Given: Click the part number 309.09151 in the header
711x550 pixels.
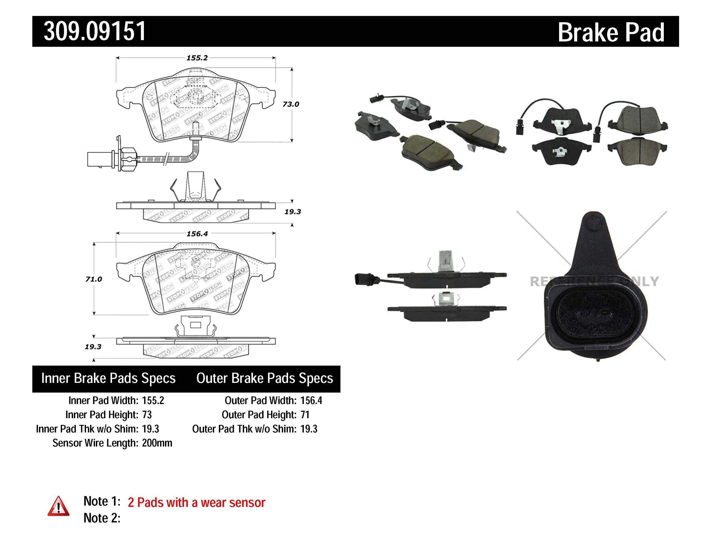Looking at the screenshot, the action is (95, 32).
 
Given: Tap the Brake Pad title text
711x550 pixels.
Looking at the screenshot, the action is (611, 33).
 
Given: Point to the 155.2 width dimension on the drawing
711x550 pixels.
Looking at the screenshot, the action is (197, 58).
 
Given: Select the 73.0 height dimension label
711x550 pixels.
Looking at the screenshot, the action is (291, 104).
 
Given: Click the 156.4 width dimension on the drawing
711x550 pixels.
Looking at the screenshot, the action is (197, 234).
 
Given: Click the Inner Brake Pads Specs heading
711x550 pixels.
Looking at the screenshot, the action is (108, 378).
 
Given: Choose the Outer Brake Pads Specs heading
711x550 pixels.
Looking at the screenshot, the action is (264, 378).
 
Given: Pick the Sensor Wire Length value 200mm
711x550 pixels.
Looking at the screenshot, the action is (157, 443).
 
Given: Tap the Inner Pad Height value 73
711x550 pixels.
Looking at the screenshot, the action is (147, 415).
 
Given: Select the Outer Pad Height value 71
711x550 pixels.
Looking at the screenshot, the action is (305, 415).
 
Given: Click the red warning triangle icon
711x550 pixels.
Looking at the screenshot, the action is (58, 507).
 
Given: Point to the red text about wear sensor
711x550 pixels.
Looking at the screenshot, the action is (196, 503).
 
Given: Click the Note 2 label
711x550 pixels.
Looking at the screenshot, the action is (102, 518).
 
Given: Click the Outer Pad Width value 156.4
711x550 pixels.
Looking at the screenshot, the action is (311, 400).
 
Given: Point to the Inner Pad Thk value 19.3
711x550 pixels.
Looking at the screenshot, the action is (151, 429).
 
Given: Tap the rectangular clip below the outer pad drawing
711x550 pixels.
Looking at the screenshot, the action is (195, 325).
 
